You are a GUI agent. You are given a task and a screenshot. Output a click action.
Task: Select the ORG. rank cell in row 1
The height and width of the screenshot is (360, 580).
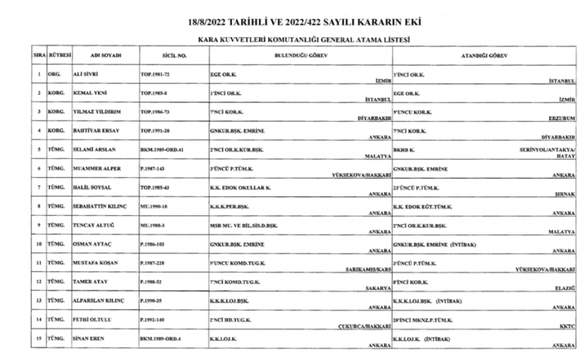(x=53, y=75)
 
